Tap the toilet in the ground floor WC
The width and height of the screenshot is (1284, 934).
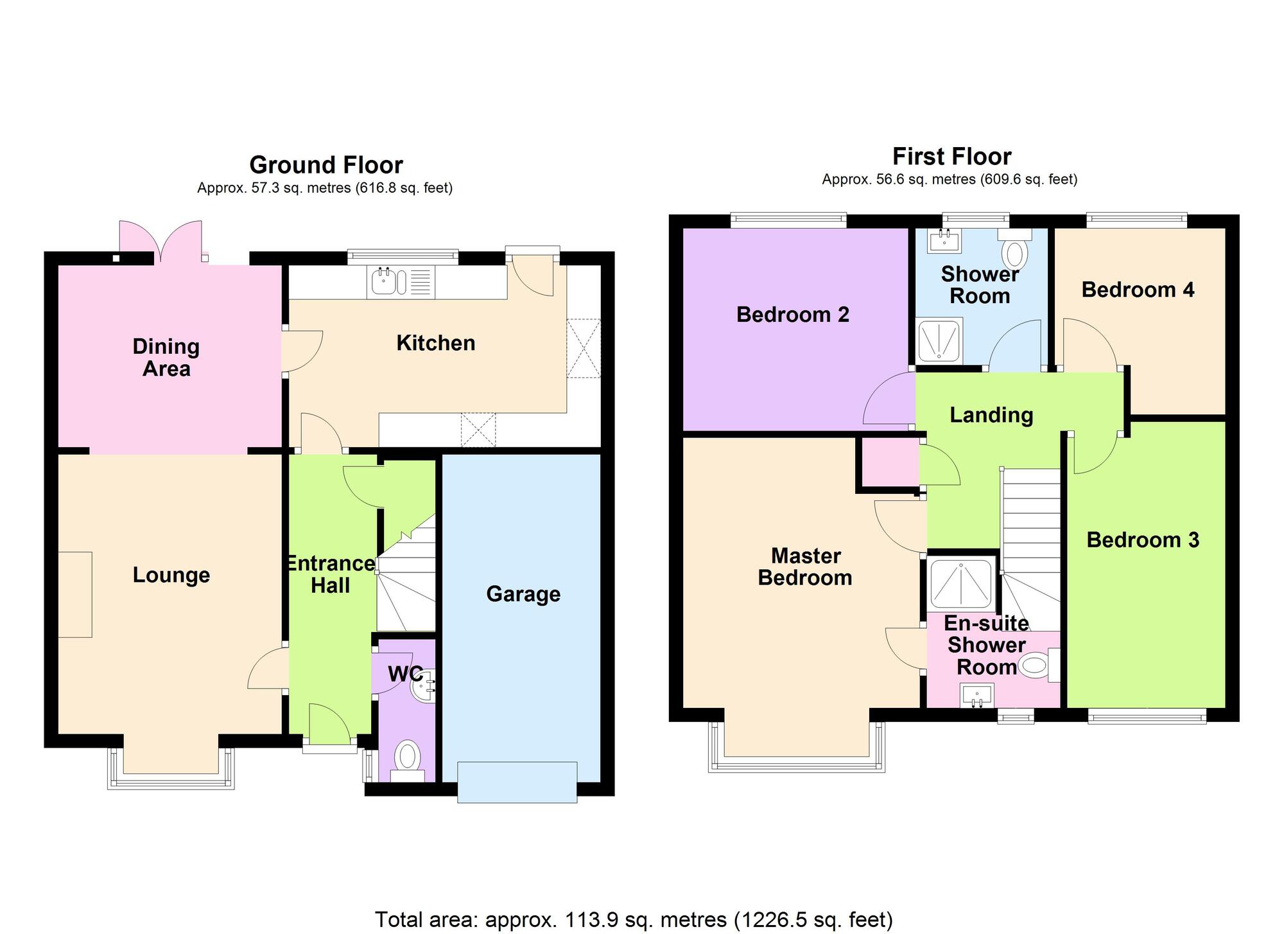(408, 761)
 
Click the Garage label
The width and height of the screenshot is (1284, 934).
(523, 594)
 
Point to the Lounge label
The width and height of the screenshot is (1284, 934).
(171, 575)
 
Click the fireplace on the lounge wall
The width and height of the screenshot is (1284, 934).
(75, 594)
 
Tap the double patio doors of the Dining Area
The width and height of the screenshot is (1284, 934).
(161, 242)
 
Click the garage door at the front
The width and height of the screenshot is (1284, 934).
(517, 782)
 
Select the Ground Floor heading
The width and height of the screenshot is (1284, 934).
(326, 165)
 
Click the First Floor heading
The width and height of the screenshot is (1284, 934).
(952, 157)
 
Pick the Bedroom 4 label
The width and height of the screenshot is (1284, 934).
(1138, 290)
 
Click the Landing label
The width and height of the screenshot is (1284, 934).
(991, 415)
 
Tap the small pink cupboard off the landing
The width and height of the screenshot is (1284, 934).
(889, 462)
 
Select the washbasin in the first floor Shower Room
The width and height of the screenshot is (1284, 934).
(944, 240)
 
